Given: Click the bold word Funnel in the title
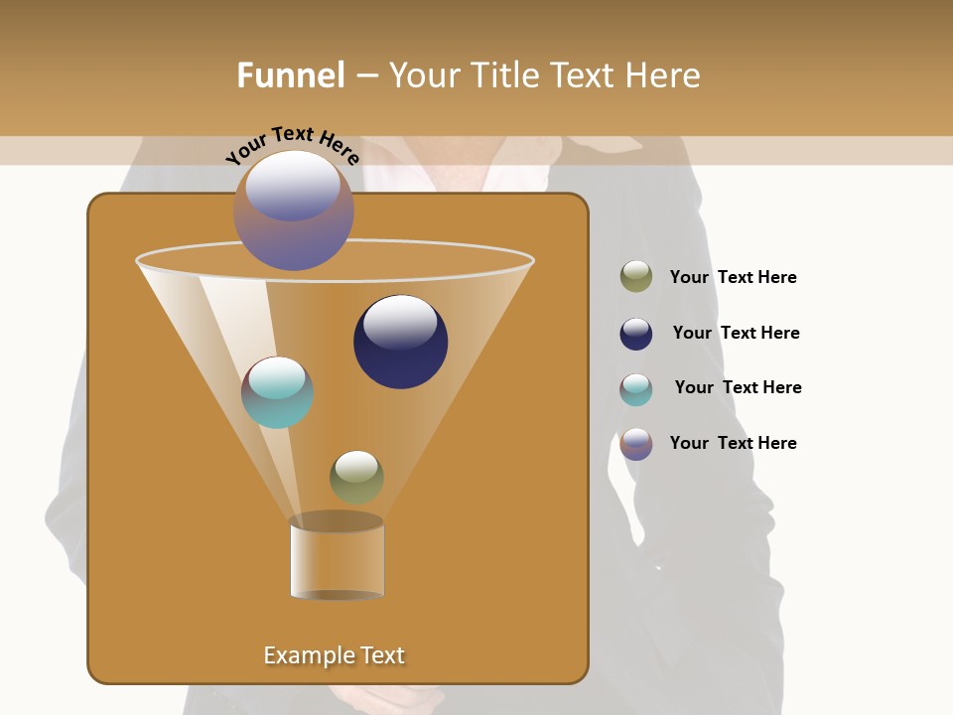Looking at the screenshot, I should click(x=290, y=75).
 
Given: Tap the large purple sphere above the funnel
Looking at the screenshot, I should click(x=293, y=212).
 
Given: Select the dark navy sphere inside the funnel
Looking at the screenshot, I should click(x=400, y=343).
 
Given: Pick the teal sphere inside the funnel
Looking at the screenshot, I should click(x=277, y=392).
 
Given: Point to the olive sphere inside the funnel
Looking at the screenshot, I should click(x=356, y=478).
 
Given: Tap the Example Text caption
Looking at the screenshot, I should click(x=335, y=655).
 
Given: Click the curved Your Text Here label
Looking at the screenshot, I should click(x=293, y=144).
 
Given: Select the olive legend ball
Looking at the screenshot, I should click(x=635, y=277).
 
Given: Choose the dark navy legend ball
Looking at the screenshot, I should click(x=635, y=334).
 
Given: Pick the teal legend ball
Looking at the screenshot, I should click(x=635, y=389).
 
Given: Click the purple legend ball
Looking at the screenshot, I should click(x=635, y=444).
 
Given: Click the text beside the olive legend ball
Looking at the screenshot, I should click(x=733, y=277).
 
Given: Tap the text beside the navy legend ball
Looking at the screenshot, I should click(x=736, y=333).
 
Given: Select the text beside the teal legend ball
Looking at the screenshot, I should click(x=738, y=387).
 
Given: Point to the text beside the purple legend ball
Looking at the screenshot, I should click(x=733, y=443).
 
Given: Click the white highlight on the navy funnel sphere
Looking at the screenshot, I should click(x=400, y=321).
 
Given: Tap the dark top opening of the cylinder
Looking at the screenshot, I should click(x=337, y=521).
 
